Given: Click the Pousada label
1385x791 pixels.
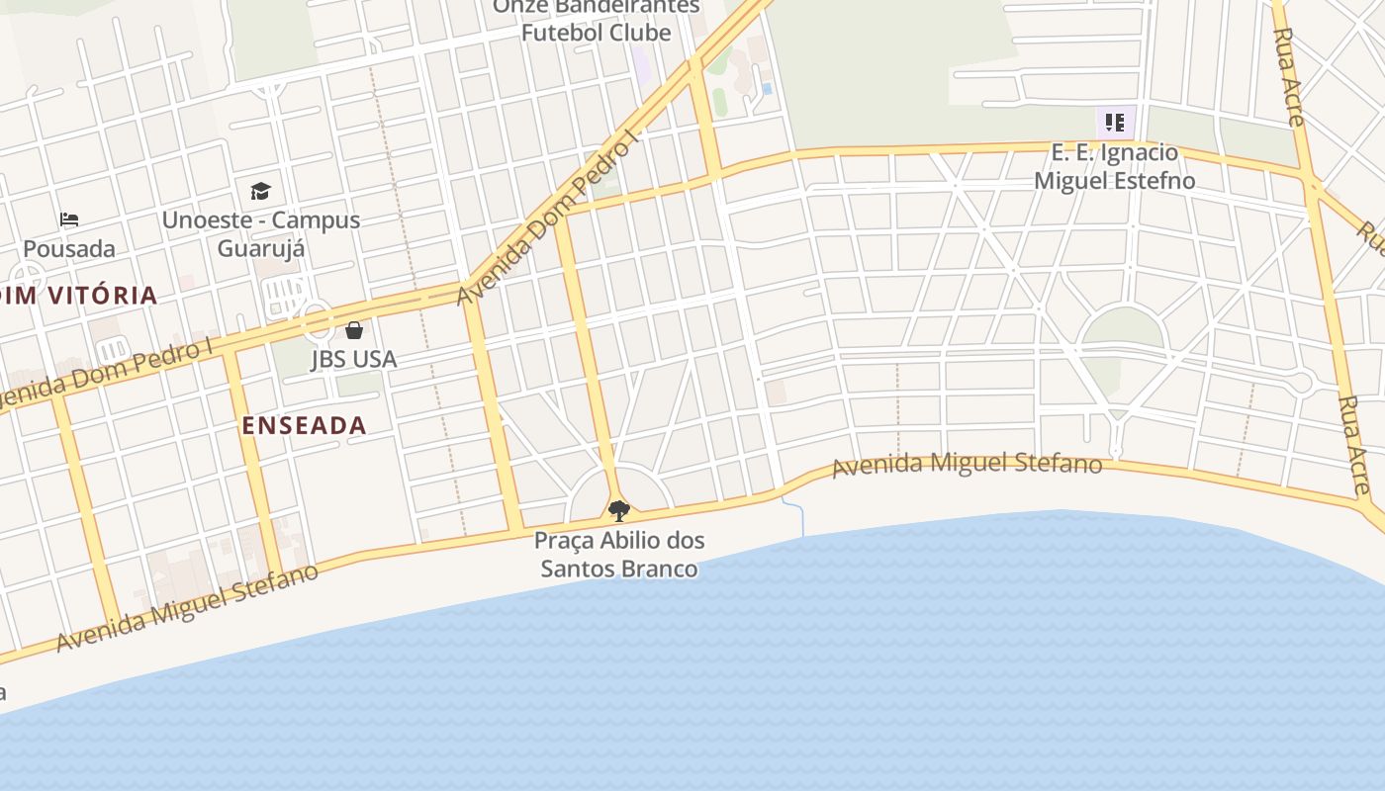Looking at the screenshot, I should coord(69,248).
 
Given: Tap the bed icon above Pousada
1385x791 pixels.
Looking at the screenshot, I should coord(69,220).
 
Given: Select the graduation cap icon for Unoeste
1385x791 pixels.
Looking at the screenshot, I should coord(260,191).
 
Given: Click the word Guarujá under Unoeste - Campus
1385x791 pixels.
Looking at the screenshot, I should coord(260,248).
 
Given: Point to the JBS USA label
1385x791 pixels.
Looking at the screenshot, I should coord(354,359).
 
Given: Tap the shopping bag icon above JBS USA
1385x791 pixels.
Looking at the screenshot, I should coord(354,330).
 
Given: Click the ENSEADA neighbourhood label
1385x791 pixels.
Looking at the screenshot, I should coord(305,426).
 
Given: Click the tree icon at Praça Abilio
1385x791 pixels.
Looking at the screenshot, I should coord(619,511).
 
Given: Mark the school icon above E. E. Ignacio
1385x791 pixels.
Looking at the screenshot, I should coord(1115,124).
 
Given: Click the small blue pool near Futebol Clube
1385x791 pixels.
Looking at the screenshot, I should coord(767,89).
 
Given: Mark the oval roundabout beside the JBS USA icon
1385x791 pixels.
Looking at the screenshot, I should coord(317,322).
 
